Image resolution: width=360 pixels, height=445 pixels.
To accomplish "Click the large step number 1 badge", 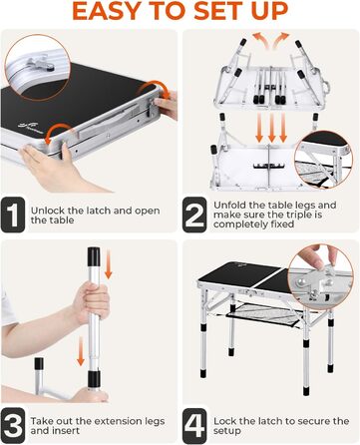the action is pos(13,215).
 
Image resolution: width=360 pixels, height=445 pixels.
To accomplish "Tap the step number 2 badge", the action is pos(194,215).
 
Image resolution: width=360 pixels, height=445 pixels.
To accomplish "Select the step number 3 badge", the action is pos(13,425).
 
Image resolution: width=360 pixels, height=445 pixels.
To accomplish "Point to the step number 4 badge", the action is pos(194,425).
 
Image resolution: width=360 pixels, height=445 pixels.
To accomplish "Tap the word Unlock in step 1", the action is pos(48,211).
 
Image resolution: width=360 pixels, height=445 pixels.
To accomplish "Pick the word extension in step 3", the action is pos(115,421).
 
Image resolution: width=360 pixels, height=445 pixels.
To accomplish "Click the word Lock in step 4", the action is pos(224,421).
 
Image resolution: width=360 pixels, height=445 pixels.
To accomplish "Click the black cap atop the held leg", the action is pos(94,256).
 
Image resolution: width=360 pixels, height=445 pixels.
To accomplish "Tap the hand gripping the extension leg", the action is pos(91,302).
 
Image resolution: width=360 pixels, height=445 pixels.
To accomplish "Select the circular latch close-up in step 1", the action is pos(38,67).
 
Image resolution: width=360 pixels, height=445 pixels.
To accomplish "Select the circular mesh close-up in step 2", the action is pos(323,160).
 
